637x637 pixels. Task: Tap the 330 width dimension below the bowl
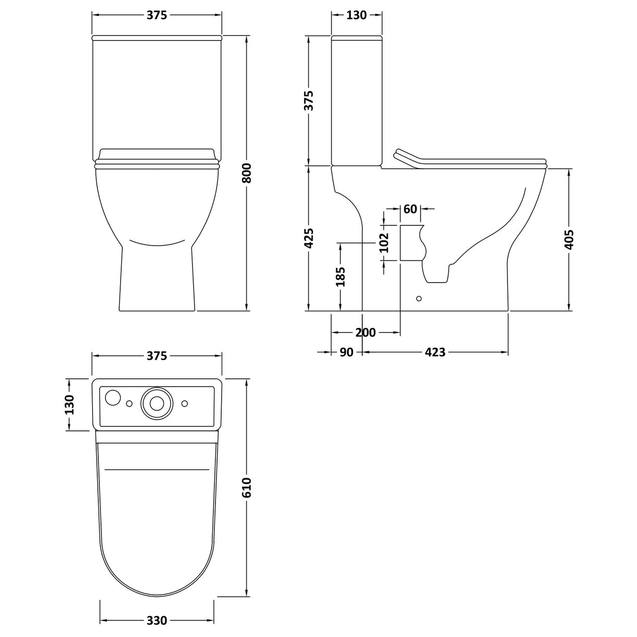156,620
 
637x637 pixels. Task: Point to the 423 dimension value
435,352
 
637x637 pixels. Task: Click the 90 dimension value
347,352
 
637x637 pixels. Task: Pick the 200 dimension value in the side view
365,333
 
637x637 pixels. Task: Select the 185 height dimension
340,277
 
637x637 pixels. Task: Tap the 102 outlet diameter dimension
384,243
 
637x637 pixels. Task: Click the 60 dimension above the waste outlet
410,209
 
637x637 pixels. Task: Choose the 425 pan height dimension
309,238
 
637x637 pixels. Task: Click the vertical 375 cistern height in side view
309,101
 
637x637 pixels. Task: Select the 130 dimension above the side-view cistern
356,15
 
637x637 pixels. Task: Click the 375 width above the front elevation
156,15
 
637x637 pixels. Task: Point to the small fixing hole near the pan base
419,299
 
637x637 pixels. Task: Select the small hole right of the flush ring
185,403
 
